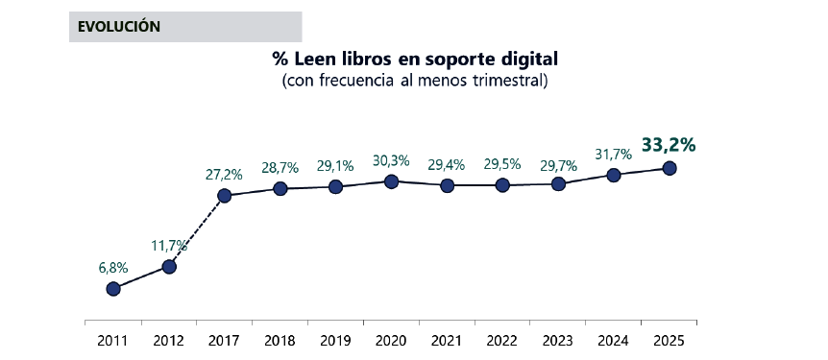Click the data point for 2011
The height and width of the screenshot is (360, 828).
coord(113,288)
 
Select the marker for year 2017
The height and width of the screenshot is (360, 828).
coord(225,196)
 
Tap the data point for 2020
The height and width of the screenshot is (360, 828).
coord(391,180)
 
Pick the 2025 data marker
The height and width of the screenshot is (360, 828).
coord(670,168)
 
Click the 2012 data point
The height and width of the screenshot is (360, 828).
coord(169,266)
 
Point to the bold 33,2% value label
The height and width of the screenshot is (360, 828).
coord(669,145)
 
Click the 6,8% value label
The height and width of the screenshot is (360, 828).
coord(113,267)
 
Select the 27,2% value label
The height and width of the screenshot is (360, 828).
coord(224,175)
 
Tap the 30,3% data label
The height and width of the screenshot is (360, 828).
coord(391,159)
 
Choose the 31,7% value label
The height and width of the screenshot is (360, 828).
coord(613,154)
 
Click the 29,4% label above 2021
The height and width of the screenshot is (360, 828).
coord(447,164)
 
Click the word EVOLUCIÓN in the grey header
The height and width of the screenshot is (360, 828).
coord(119,27)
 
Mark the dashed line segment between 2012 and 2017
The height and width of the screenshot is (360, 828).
coord(197,231)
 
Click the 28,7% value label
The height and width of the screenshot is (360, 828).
coord(280,168)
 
